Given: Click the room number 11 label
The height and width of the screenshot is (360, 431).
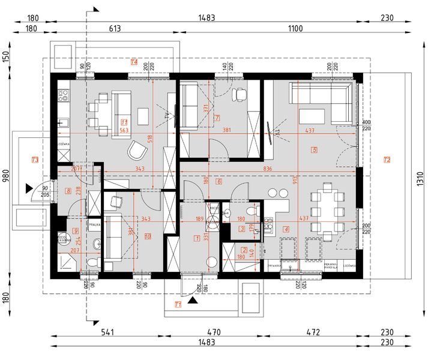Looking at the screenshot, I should (124, 122).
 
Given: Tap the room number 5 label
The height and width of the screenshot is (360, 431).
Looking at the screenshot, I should (313, 149).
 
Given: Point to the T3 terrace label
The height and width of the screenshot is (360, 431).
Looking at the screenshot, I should (35, 160).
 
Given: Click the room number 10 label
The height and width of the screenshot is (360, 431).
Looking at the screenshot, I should (148, 236).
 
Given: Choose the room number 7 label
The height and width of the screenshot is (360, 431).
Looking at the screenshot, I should (218, 118).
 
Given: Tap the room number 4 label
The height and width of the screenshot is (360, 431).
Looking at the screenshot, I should (286, 229).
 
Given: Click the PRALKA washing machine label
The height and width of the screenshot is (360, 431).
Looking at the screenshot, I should (94, 224).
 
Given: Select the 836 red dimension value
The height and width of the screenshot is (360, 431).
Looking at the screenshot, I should (268, 169).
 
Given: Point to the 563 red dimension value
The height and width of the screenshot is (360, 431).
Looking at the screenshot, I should (125, 130).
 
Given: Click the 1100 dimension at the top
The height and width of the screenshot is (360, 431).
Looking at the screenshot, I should (295, 28).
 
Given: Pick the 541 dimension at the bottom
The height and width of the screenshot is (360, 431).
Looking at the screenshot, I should (107, 332).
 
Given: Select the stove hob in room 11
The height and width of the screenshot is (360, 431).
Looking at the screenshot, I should (62, 94).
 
